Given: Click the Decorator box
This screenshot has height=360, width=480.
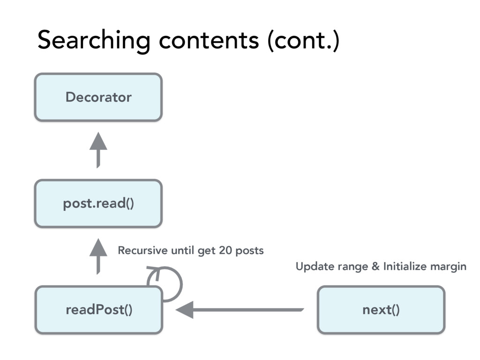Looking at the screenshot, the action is [x=98, y=97].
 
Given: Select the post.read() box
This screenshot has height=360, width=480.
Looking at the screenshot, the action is [x=98, y=203].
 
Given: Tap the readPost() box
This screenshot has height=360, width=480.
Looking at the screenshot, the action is [x=98, y=310].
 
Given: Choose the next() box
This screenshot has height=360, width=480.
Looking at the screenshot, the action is [x=381, y=310].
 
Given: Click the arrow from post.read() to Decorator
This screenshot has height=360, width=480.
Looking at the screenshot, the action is [x=98, y=150].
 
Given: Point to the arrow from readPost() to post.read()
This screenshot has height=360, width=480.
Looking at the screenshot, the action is [x=98, y=256].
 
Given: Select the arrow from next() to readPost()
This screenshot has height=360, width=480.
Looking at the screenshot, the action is [x=240, y=310].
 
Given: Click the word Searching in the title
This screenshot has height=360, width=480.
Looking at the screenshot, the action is [x=94, y=40].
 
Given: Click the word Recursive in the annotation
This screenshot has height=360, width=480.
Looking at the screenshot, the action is [x=142, y=250].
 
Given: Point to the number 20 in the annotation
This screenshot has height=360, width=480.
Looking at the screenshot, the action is [x=225, y=250].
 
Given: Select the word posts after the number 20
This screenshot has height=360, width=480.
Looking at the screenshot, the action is [x=249, y=251].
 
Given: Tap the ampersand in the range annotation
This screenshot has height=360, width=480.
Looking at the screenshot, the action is [x=375, y=266].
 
